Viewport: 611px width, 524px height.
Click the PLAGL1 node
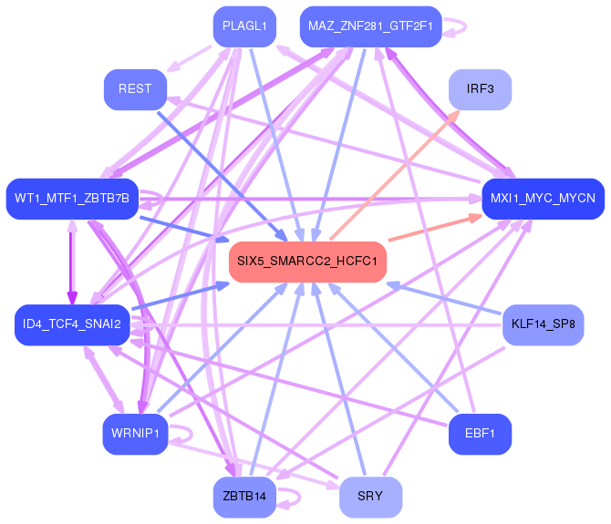pyautogui.click(x=244, y=26)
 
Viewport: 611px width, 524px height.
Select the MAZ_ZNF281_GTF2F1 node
pyautogui.click(x=370, y=26)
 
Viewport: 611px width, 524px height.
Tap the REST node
pyautogui.click(x=135, y=89)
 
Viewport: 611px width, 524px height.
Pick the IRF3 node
pyautogui.click(x=480, y=89)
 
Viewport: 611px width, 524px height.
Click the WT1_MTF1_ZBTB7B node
pyautogui.click(x=72, y=199)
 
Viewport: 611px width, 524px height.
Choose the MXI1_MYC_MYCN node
pyautogui.click(x=544, y=199)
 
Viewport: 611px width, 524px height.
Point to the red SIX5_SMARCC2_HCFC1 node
pyautogui.click(x=307, y=262)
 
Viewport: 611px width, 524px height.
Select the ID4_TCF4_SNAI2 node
pyautogui.click(x=72, y=324)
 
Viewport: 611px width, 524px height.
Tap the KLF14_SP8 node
pyautogui.click(x=544, y=324)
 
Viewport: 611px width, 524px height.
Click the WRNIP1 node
pyautogui.click(x=135, y=434)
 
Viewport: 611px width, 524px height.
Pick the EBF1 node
pyautogui.click(x=480, y=434)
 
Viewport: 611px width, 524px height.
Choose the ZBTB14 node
pyautogui.click(x=244, y=498)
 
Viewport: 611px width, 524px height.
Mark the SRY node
pyautogui.click(x=370, y=498)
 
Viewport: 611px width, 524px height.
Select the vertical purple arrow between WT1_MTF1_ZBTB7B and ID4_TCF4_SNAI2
pyautogui.click(x=72, y=262)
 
